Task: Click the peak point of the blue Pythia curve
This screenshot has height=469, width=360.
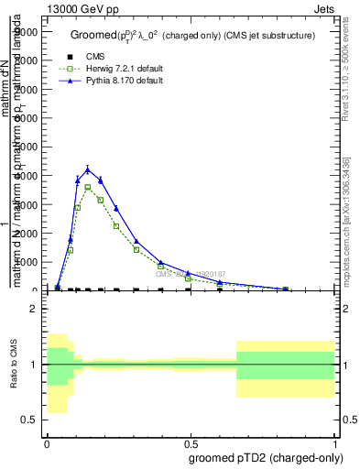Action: click(88, 169)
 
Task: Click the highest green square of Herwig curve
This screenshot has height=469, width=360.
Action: click(88, 187)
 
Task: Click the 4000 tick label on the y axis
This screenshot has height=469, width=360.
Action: click(27, 176)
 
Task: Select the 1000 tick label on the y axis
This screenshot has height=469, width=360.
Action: click(27, 262)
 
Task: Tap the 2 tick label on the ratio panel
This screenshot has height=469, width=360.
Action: click(33, 309)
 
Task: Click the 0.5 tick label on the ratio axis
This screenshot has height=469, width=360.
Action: click(29, 420)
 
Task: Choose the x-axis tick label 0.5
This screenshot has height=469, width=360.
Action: click(191, 442)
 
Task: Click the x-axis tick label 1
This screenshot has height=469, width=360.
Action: click(335, 442)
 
